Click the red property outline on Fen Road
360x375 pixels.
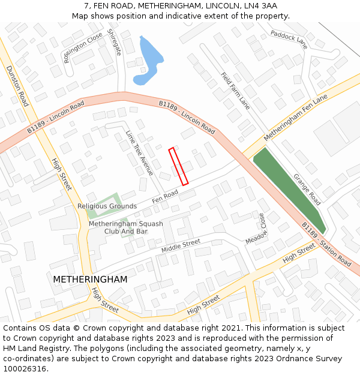coord(179,166)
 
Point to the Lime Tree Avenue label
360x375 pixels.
coord(139,153)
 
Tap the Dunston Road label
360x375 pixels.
coord(17,86)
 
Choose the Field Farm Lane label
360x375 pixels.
coord(235,91)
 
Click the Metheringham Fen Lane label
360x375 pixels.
coord(296,117)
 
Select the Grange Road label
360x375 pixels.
coord(307,190)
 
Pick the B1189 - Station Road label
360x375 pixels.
coord(326,244)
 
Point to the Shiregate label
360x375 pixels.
coord(114,42)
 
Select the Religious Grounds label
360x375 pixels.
coord(107,206)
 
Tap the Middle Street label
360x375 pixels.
coord(181,245)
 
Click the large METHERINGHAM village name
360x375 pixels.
coord(90,280)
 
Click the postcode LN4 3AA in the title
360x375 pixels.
coord(260,6)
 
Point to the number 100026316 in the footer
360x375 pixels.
coord(24,369)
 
